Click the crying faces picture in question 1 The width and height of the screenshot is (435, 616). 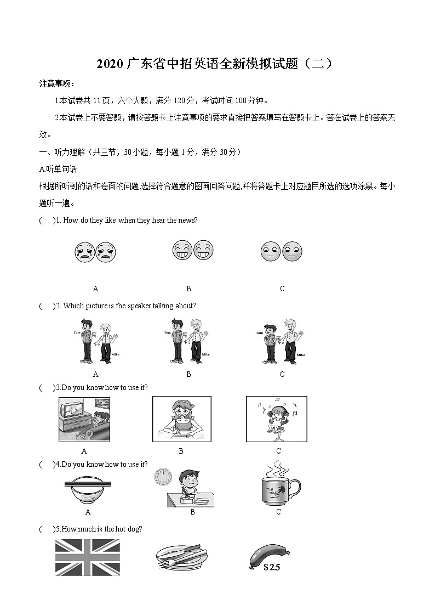[x=95, y=252]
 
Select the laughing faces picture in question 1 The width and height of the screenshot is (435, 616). [x=193, y=250]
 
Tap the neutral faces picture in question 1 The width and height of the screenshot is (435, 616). [x=282, y=251]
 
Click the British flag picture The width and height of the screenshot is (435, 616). [x=88, y=557]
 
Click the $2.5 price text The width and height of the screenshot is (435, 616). [x=272, y=568]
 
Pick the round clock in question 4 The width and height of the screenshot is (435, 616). [x=163, y=477]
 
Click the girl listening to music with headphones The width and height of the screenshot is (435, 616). [x=277, y=419]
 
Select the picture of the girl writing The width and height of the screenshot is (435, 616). [x=181, y=419]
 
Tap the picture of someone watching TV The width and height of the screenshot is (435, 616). [x=84, y=420]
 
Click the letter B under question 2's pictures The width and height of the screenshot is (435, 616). [x=188, y=374]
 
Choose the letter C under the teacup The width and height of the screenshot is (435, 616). [x=278, y=512]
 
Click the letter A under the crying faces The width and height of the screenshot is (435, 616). [x=95, y=289]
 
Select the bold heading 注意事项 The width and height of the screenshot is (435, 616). [x=56, y=83]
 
